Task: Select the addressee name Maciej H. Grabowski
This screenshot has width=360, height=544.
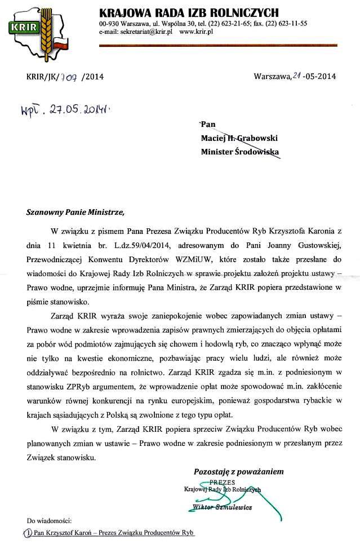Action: click(239, 138)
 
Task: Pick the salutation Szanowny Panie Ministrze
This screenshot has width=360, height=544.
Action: click(73, 213)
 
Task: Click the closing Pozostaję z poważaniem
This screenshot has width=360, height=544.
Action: click(238, 471)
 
